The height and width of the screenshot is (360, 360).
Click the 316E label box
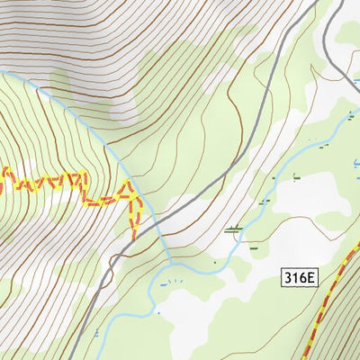point(299,278)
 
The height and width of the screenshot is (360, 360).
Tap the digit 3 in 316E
point(288,278)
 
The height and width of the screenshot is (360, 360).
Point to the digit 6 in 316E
point(302,278)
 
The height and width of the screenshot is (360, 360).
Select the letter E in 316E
point(310,278)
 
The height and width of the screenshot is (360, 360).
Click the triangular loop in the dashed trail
point(132,193)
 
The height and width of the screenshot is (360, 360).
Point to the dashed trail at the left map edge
point(3,172)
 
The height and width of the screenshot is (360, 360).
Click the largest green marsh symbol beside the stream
point(235,229)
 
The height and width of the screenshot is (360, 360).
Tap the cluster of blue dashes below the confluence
point(171,282)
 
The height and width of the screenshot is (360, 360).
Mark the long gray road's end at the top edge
point(270,2)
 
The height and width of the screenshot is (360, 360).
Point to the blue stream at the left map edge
point(3,70)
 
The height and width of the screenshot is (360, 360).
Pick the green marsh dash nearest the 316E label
point(255,246)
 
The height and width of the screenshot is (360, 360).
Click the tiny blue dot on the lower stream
point(216,263)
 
